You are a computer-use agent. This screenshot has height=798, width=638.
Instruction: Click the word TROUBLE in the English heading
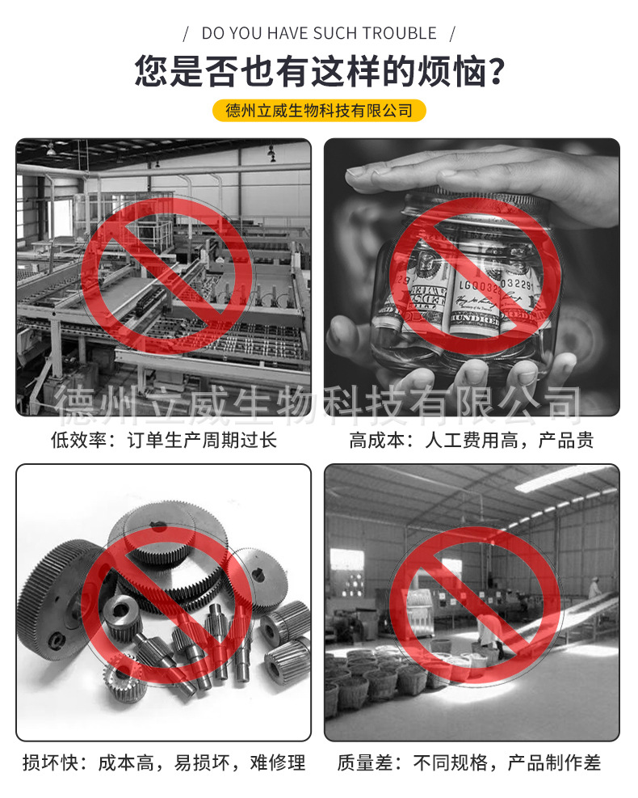click(x=399, y=33)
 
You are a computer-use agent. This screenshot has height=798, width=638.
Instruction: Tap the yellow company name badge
click(x=319, y=110)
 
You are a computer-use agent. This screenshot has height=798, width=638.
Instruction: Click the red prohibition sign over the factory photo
click(x=166, y=275)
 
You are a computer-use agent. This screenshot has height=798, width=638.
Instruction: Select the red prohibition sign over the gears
click(x=166, y=602)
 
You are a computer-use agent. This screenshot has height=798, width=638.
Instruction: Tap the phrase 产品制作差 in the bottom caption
click(x=554, y=762)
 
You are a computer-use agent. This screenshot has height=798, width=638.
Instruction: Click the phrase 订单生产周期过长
click(x=202, y=441)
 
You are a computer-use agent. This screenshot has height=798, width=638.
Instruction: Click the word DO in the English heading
click(x=213, y=33)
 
